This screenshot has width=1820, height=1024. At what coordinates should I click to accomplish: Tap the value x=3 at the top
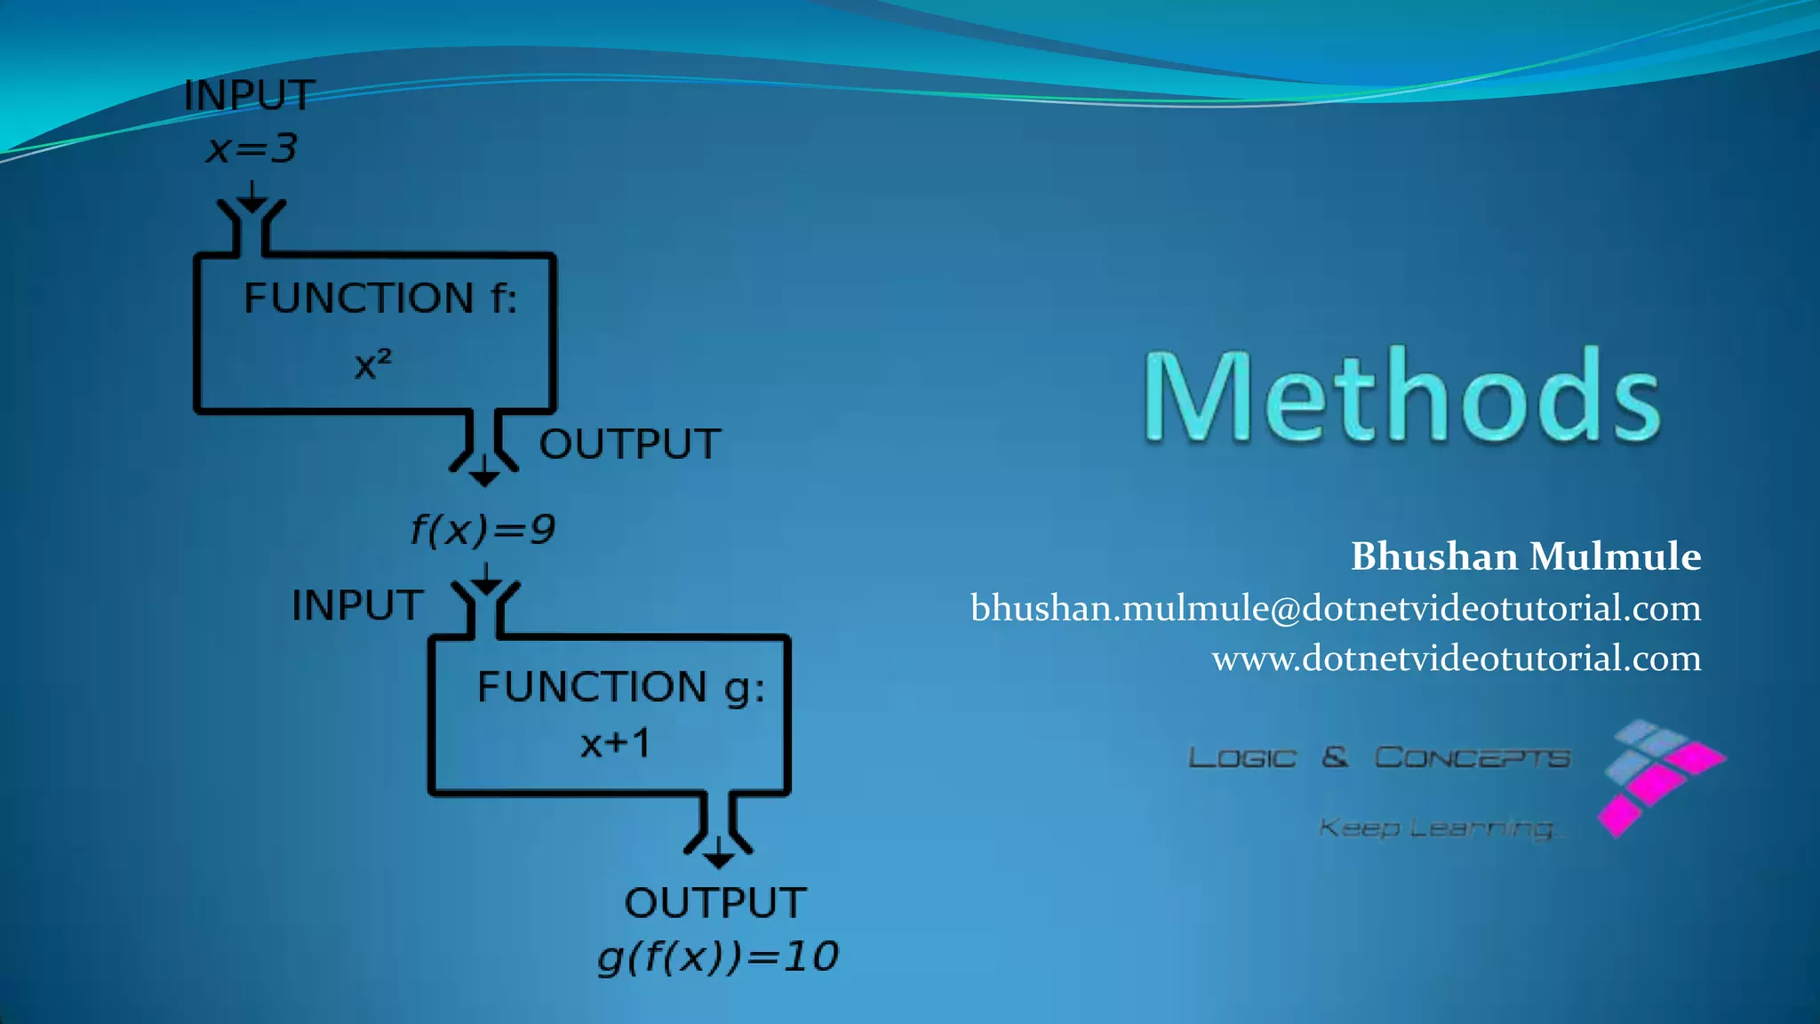(251, 148)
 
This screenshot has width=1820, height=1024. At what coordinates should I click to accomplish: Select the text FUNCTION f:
(380, 298)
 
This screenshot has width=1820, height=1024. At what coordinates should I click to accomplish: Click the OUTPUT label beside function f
(630, 444)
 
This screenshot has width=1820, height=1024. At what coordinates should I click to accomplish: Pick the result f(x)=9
(483, 530)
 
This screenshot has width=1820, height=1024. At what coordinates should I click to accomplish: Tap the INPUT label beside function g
(357, 605)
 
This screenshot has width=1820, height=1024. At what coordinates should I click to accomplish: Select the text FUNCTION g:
(620, 687)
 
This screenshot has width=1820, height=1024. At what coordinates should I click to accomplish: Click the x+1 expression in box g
(616, 743)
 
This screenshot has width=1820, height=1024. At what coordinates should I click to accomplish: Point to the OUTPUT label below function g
(715, 903)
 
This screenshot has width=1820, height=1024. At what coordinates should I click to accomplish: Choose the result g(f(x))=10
(718, 957)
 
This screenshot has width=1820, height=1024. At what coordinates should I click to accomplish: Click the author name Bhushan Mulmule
(1525, 556)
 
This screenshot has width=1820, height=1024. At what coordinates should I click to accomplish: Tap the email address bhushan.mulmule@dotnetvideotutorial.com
(1335, 608)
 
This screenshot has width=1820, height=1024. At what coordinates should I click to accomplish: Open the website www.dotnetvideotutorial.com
(1456, 659)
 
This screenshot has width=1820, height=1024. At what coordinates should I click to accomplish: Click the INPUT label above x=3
(249, 96)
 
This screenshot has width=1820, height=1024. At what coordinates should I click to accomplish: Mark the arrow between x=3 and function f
(252, 196)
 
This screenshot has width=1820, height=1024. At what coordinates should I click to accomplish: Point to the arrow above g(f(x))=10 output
(718, 852)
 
